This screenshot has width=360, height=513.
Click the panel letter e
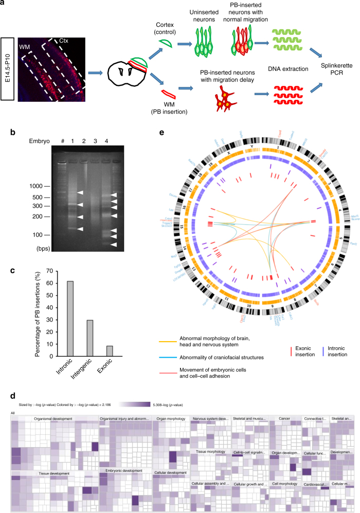click(163, 133)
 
